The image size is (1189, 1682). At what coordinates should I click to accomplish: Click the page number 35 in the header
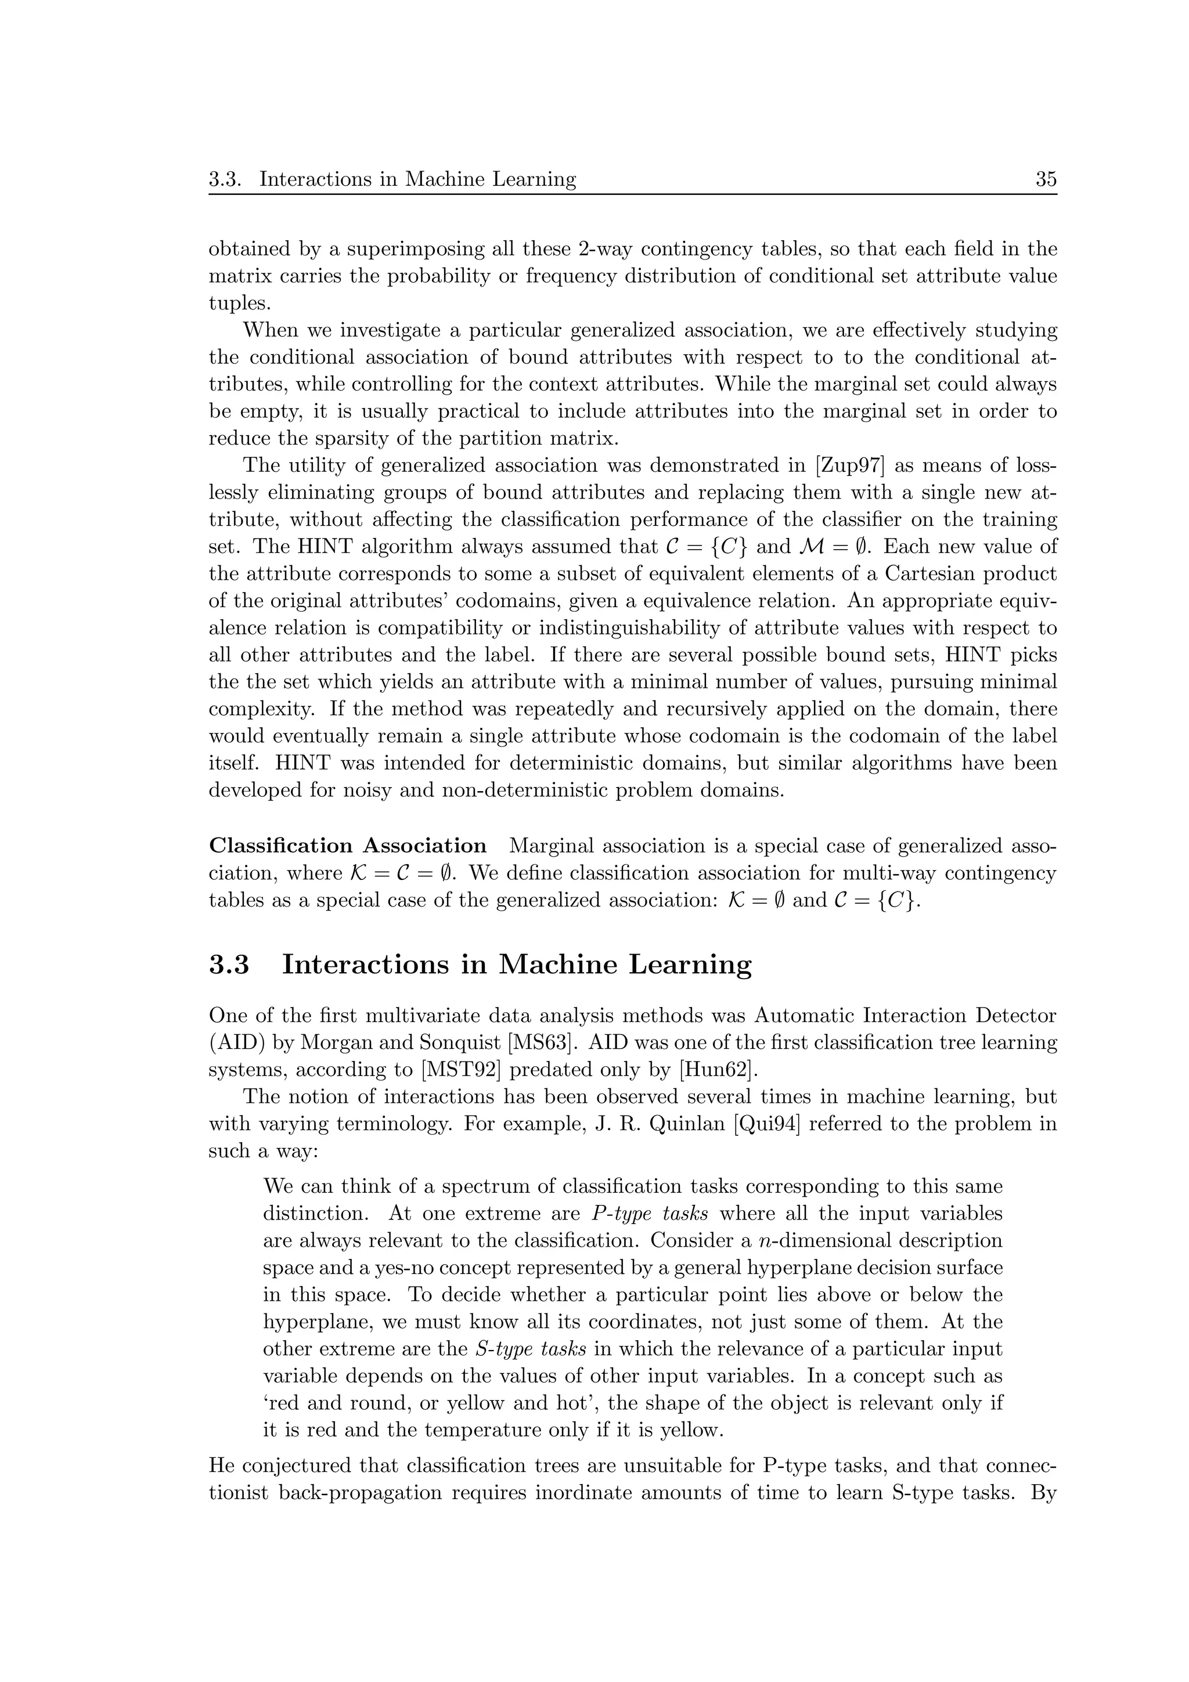point(1046,179)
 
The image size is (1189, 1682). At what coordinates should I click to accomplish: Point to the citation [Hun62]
point(716,1070)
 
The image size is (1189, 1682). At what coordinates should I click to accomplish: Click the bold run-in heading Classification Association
point(348,846)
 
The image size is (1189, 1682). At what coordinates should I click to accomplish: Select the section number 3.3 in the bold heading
point(229,964)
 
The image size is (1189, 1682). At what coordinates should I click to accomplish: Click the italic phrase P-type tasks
point(649,1213)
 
